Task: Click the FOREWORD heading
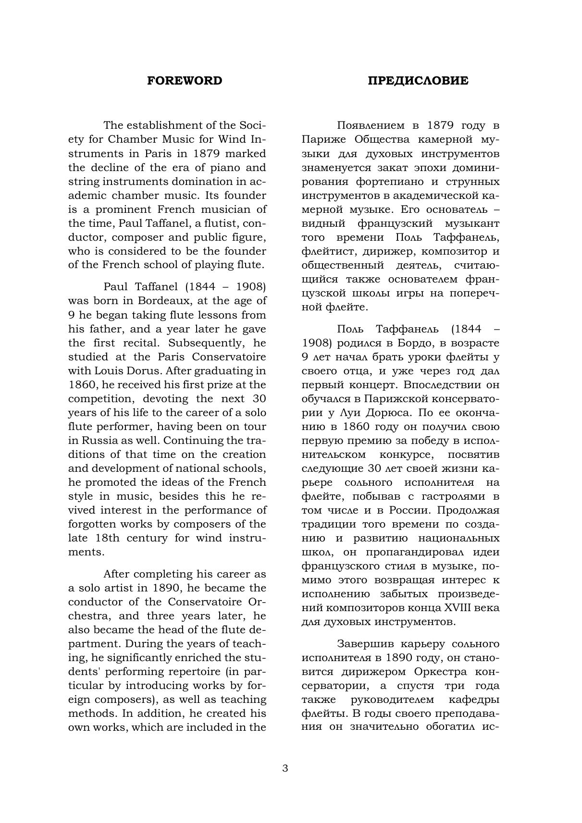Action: click(185, 81)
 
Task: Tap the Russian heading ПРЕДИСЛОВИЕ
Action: click(418, 81)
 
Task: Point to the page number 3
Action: click(285, 768)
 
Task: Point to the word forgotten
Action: click(92, 524)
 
